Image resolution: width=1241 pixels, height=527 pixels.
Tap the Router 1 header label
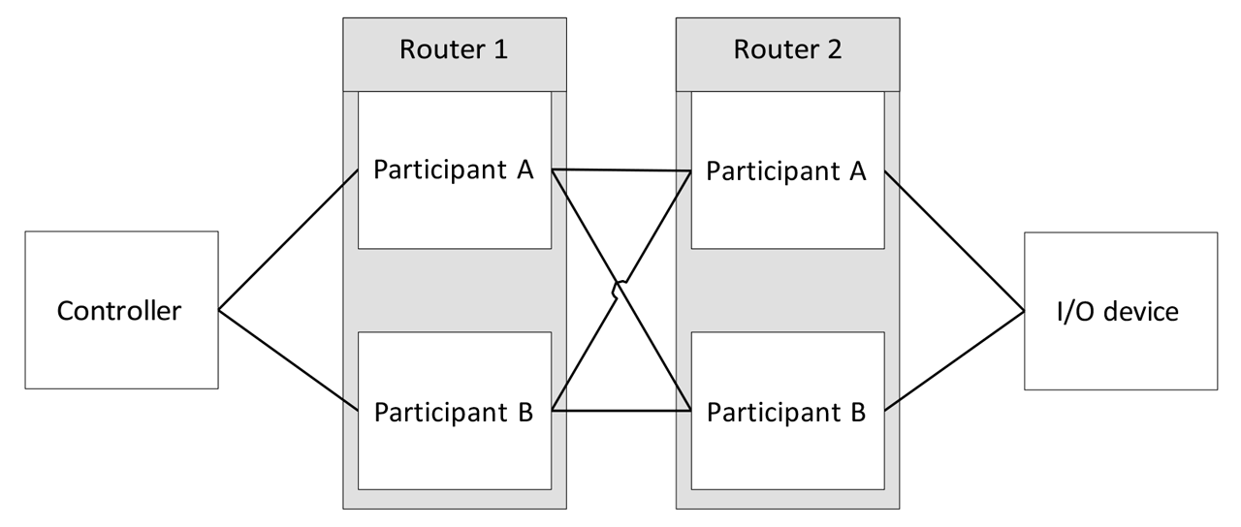[x=455, y=50]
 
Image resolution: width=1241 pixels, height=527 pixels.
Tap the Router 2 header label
[x=786, y=50]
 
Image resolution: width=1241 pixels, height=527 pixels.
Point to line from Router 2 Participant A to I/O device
[x=955, y=242]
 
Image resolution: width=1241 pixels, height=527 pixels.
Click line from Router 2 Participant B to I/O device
[x=955, y=360]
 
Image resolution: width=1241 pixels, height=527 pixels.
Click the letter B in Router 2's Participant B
[x=856, y=412]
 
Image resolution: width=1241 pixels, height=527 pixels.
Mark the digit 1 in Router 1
[x=499, y=50]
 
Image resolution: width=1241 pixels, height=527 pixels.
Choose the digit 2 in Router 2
[x=832, y=50]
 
